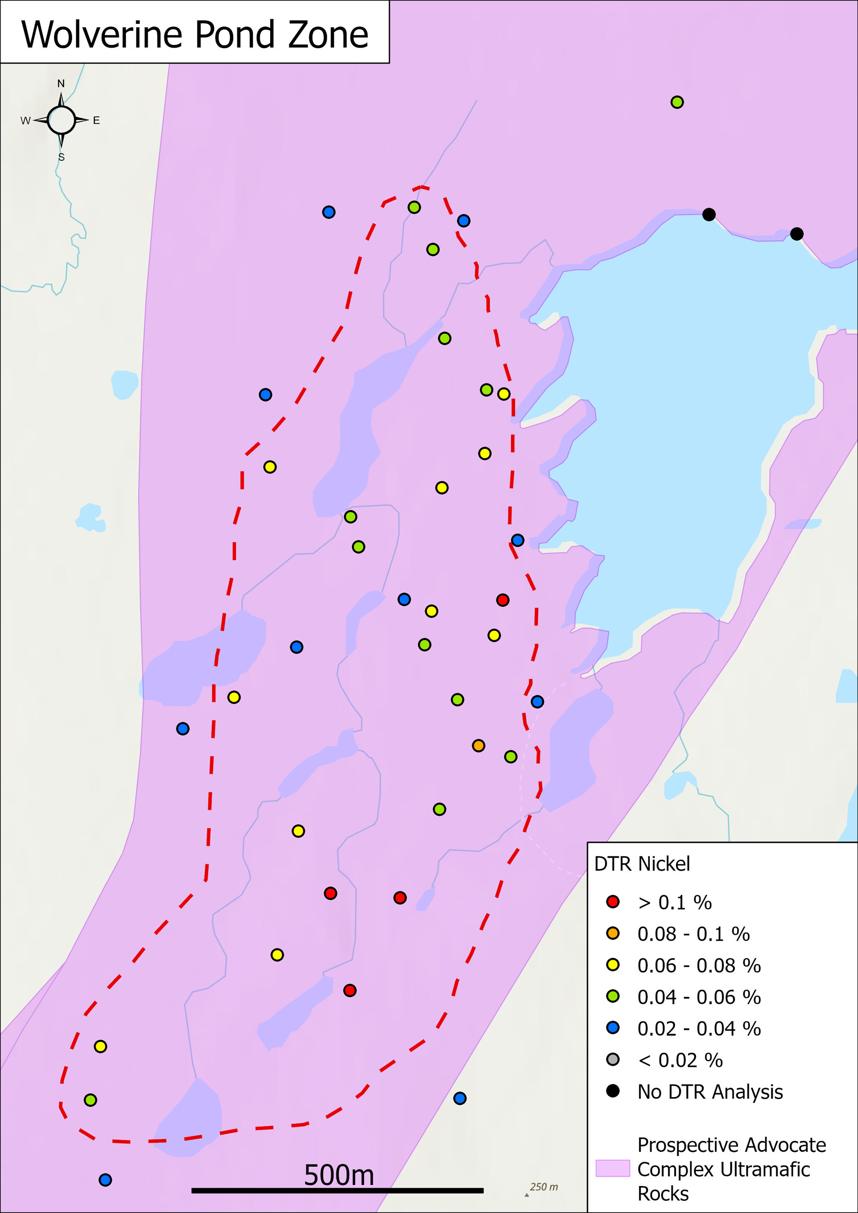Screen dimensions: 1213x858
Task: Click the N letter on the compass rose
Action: [61, 84]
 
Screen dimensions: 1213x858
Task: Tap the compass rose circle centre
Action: [61, 120]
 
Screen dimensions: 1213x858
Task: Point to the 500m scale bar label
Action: [339, 1175]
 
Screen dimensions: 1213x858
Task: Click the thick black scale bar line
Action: [337, 1190]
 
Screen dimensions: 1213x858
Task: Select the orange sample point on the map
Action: [478, 745]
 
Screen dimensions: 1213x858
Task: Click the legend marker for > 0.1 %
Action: [613, 901]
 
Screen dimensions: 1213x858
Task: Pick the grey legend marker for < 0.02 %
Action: [613, 1059]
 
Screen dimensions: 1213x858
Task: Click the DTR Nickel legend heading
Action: [642, 864]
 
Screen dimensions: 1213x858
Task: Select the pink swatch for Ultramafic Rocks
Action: [613, 1168]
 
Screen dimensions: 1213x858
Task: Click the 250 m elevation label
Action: [543, 1186]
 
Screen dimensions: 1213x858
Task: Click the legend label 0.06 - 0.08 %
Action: [698, 965]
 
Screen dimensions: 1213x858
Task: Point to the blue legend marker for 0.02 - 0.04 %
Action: [613, 1027]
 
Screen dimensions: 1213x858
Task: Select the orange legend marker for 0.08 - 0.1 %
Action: [613, 933]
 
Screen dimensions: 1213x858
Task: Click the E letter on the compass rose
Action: [96, 120]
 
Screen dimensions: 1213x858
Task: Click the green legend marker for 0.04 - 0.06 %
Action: [613, 996]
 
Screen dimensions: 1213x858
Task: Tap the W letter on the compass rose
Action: [25, 120]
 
